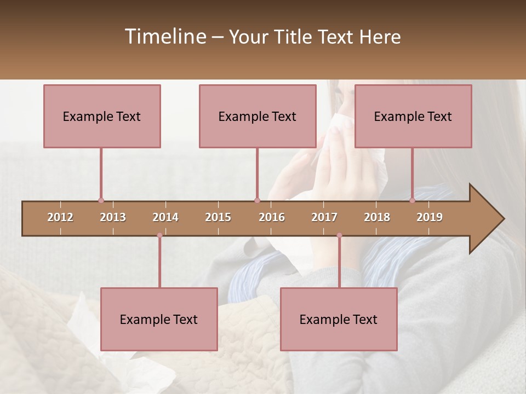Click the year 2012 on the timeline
coord(60,217)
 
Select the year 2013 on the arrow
coord(113,217)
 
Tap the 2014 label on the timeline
coord(165,217)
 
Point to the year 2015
coord(218,217)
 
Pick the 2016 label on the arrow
coord(272,217)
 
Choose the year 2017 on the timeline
coord(324,217)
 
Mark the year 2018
coord(377,217)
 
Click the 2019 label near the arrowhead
coord(430,217)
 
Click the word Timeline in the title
coord(165,37)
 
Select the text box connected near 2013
coord(102,116)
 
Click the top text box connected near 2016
coord(258,116)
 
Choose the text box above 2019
coord(413,116)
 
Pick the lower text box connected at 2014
coord(159,319)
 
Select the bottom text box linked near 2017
coord(339,319)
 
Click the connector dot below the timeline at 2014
coord(159,235)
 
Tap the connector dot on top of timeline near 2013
coord(101,201)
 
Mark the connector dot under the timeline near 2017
coord(339,235)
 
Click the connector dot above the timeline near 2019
coord(412,201)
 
